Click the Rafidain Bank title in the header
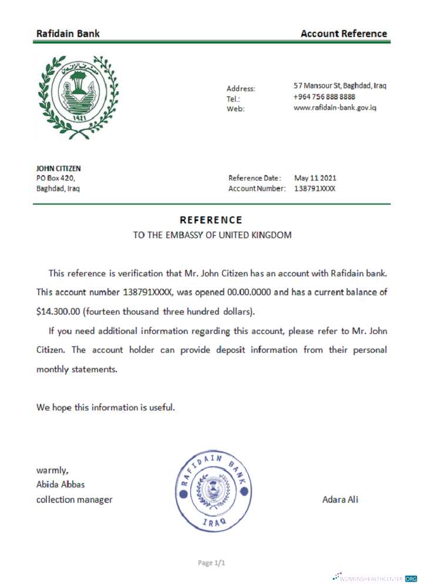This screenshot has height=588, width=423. [68, 34]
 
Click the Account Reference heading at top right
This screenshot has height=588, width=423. [344, 34]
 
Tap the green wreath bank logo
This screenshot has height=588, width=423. [76, 95]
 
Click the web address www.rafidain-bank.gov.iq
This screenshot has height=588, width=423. [335, 108]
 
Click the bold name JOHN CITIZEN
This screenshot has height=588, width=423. [59, 168]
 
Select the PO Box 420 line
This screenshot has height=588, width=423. [56, 178]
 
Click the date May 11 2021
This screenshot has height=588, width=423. [315, 178]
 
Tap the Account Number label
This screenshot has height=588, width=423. [257, 189]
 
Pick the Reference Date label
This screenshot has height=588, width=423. [254, 178]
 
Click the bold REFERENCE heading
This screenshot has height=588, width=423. [211, 220]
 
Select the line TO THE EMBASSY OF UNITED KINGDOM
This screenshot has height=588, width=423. [212, 235]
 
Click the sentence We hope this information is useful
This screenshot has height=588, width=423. [106, 407]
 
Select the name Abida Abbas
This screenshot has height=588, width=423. [61, 485]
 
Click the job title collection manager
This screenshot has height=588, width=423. [74, 500]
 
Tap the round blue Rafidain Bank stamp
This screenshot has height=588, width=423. [214, 490]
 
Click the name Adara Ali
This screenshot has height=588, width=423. [340, 500]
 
